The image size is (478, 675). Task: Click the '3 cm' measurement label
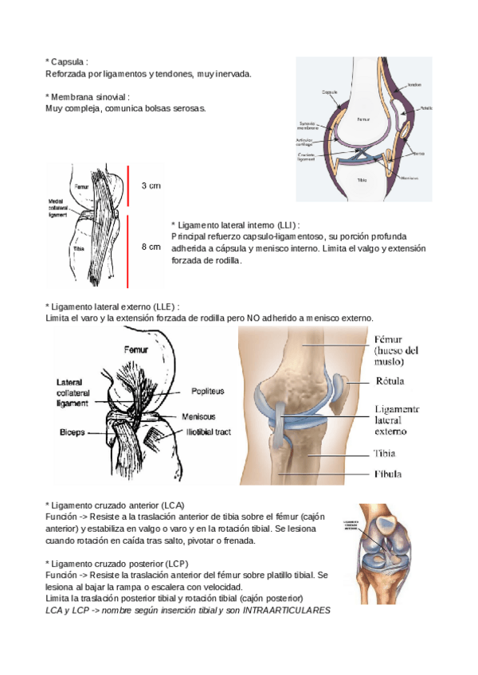tap(151, 185)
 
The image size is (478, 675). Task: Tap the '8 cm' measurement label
tap(151, 247)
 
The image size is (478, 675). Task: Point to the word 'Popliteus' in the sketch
tap(207, 392)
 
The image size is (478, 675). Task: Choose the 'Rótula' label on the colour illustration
tap(390, 380)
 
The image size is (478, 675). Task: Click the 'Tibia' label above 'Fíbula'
tap(386, 454)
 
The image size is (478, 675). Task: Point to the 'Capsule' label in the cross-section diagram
tap(330, 92)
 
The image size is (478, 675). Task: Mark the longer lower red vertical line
tap(127, 250)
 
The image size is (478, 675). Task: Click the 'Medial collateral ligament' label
tap(57, 209)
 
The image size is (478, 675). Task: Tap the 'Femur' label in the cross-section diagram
tap(364, 118)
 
